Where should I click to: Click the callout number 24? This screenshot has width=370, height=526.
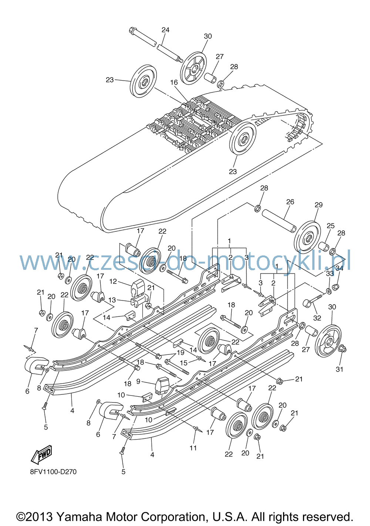(165, 30)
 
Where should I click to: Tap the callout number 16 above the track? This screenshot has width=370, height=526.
(174, 82)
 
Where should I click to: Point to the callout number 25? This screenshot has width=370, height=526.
(330, 225)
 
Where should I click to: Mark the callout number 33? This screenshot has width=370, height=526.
(330, 273)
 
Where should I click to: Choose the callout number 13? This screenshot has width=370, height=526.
(112, 300)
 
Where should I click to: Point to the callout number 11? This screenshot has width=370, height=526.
(193, 448)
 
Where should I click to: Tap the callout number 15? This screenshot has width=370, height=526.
(184, 363)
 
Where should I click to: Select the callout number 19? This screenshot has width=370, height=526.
(180, 352)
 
